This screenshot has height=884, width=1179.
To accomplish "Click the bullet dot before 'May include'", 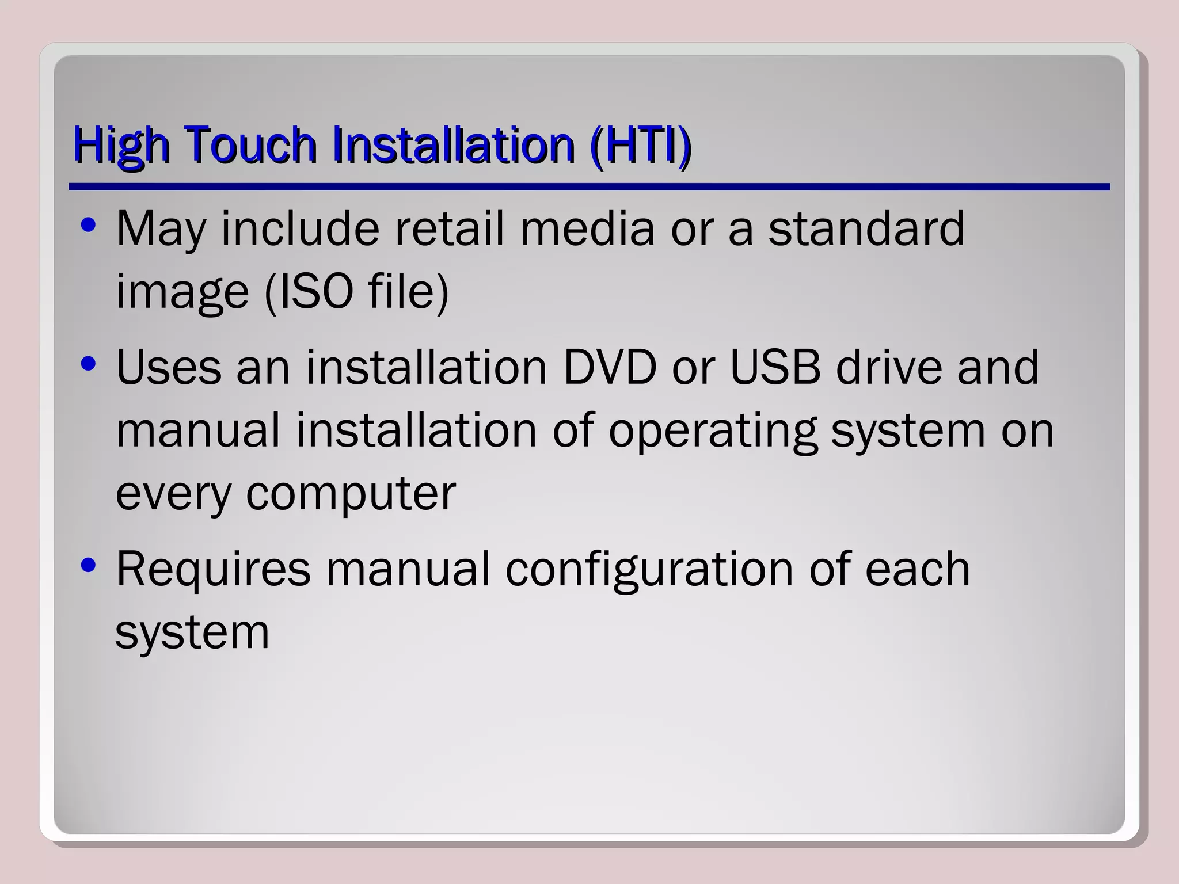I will [88, 225].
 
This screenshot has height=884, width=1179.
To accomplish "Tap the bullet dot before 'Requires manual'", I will [88, 565].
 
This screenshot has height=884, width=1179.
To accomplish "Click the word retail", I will [449, 228].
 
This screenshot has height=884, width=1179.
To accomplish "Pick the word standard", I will [866, 228].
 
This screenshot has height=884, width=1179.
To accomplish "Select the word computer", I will [351, 494].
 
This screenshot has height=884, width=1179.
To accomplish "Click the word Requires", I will [213, 569].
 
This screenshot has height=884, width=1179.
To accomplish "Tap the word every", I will [173, 494].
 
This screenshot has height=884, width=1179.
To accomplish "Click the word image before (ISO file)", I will [182, 292].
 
